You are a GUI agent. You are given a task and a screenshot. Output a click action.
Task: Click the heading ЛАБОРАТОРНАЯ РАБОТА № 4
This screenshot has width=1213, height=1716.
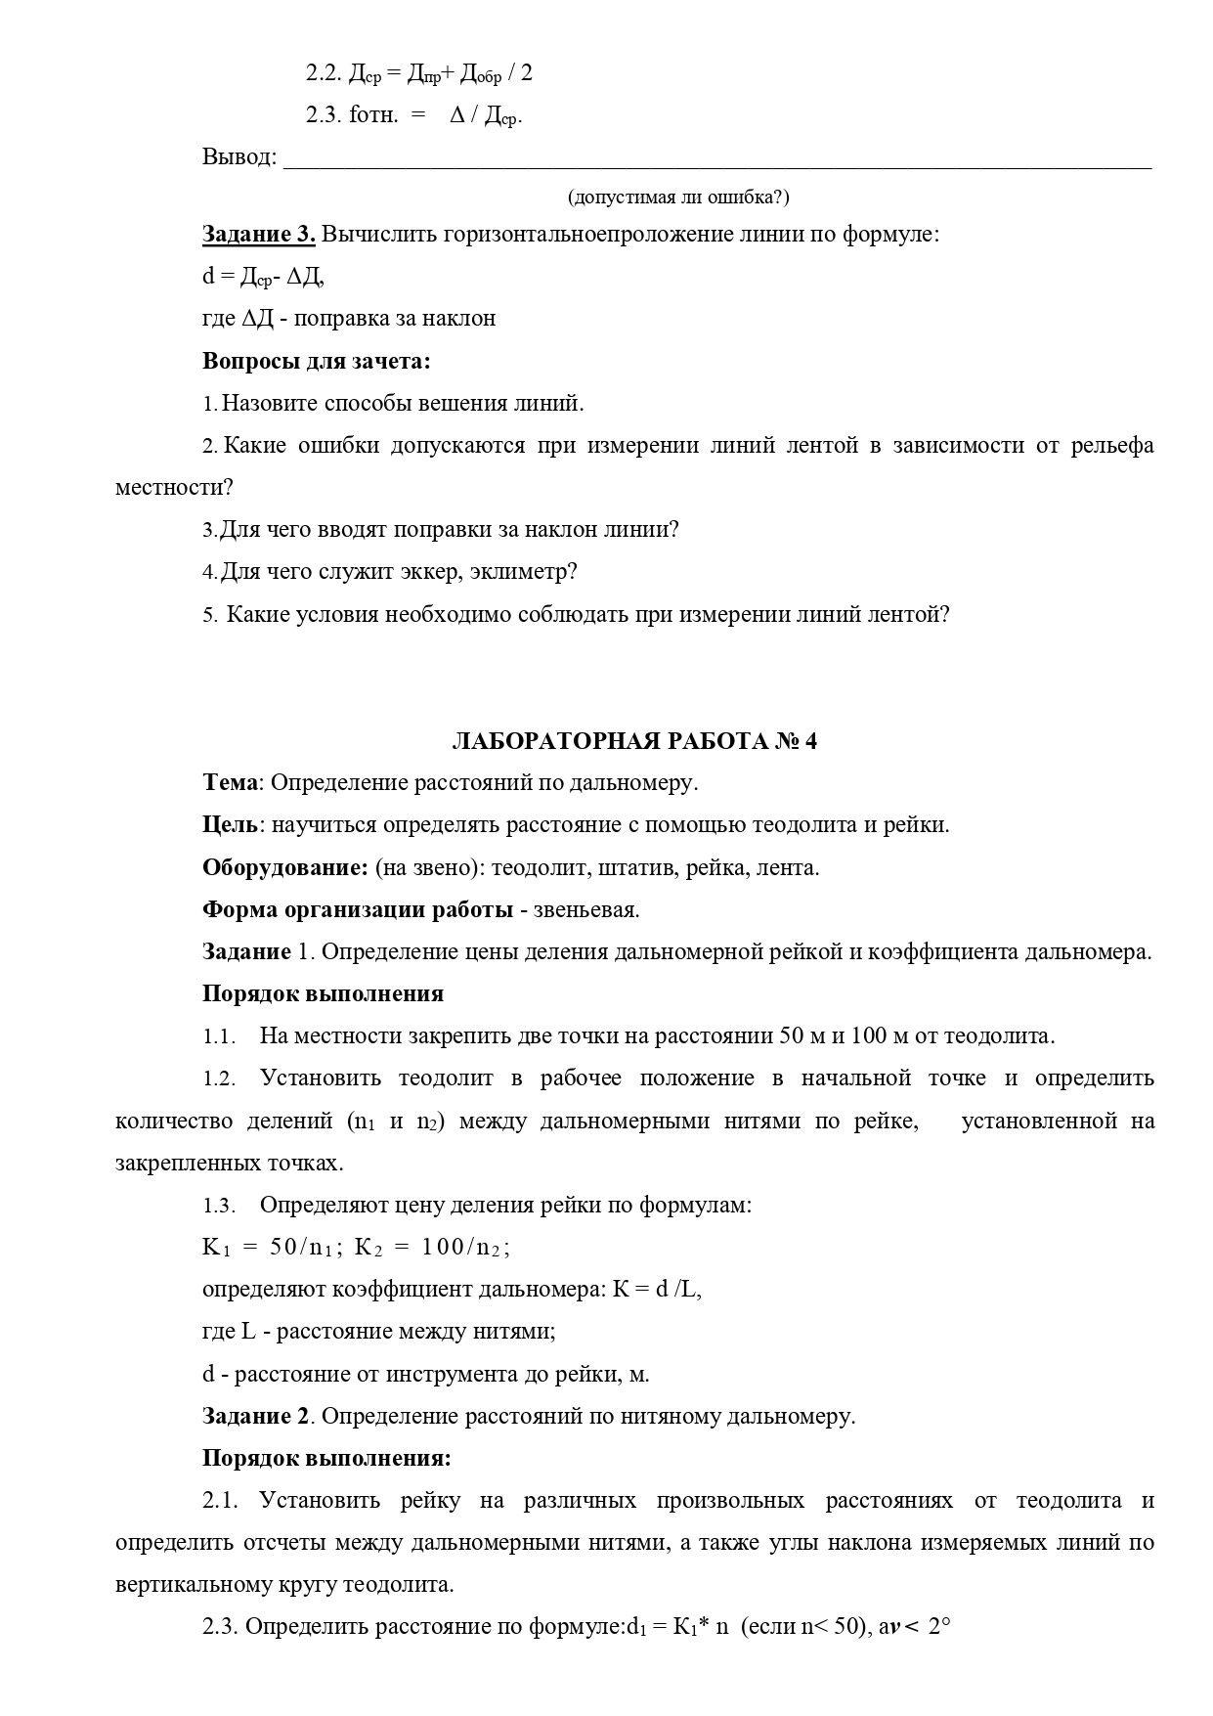[634, 741]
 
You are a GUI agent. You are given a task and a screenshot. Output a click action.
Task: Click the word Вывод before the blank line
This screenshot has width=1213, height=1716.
[238, 156]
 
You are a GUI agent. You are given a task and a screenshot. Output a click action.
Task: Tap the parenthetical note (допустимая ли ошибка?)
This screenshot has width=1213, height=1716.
[678, 198]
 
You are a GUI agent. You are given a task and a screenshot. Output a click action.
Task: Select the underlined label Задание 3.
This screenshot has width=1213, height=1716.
[258, 235]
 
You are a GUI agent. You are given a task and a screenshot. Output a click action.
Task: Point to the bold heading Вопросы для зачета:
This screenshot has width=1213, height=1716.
[317, 361]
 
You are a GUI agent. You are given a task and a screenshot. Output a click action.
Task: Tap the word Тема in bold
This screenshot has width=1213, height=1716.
[231, 783]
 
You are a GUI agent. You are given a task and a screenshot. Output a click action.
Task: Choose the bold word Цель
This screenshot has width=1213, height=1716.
[231, 825]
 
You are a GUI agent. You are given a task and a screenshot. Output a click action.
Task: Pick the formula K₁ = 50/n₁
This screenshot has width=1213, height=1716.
[272, 1248]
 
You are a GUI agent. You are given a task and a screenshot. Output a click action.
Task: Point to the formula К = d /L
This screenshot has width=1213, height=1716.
[657, 1290]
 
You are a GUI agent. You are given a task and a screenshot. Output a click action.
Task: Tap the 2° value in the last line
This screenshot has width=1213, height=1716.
[938, 1627]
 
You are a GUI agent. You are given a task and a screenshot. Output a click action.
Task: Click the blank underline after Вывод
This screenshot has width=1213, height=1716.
[716, 161]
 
